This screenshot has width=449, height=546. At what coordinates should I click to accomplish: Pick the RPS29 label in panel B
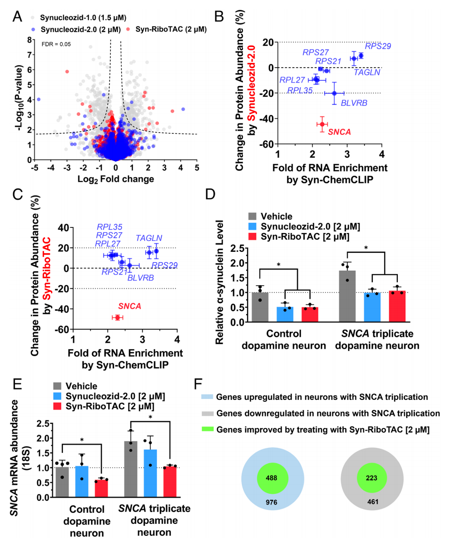(x=378, y=46)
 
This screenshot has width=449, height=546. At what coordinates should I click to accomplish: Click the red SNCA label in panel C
(x=130, y=306)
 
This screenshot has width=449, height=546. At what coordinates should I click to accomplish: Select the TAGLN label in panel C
(x=149, y=238)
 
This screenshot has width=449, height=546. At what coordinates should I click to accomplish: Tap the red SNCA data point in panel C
(x=117, y=318)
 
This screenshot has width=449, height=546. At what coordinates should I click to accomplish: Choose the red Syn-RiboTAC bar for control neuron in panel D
(x=310, y=314)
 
